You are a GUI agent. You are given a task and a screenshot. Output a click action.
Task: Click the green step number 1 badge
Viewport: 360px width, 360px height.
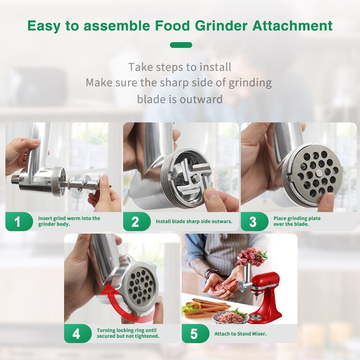point(18,222)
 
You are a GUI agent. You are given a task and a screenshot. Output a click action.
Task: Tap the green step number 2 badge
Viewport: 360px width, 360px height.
point(135,222)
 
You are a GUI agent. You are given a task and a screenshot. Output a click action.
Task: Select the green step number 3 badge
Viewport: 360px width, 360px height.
point(253,222)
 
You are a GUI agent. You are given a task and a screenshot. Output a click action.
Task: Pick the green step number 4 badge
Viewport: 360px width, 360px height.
point(76,333)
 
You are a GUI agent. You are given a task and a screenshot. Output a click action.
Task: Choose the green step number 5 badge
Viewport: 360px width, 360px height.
point(193,333)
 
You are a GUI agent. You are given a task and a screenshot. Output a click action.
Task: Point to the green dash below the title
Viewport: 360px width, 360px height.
point(181,45)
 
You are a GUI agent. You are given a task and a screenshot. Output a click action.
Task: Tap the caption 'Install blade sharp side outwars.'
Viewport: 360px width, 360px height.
point(194,221)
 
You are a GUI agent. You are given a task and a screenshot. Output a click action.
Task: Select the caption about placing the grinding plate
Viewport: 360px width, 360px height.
point(297,221)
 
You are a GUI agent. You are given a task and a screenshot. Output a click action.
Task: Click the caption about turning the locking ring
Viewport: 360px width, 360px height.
point(128,333)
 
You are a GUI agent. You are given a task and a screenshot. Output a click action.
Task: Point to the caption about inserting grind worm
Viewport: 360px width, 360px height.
point(69,221)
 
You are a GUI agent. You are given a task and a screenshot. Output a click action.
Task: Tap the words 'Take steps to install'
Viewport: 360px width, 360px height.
point(180,67)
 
